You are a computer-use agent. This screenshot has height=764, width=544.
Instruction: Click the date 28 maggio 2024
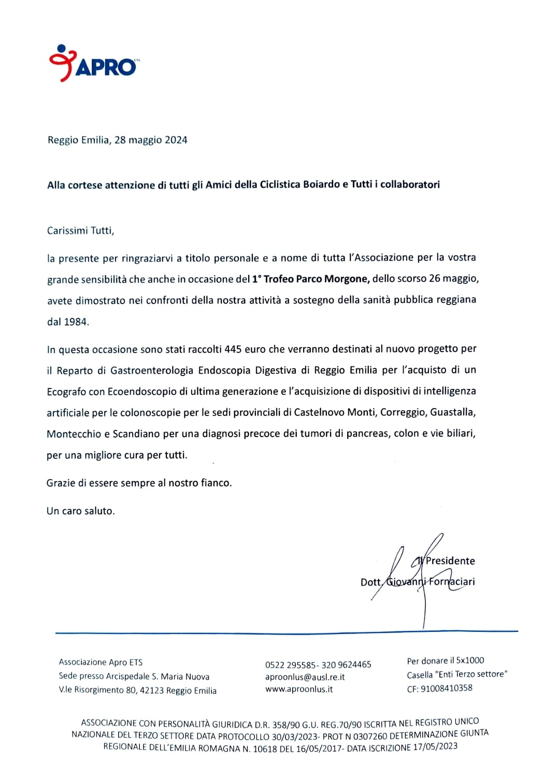151,140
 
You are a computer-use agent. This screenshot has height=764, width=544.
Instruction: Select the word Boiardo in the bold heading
321,184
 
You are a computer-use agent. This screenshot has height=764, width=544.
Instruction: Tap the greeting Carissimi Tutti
80,230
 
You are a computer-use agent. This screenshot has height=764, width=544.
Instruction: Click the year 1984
76,322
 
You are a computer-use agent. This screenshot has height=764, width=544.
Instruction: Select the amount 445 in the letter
233,349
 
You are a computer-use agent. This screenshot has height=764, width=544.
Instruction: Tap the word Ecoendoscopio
142,392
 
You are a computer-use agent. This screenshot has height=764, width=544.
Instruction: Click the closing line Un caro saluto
81,511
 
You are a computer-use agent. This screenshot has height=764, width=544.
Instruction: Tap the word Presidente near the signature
450,560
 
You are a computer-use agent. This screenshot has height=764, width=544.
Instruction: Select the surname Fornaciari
452,581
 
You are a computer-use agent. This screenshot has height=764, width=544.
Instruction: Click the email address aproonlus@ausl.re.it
305,677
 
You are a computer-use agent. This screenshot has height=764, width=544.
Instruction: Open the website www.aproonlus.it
299,689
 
